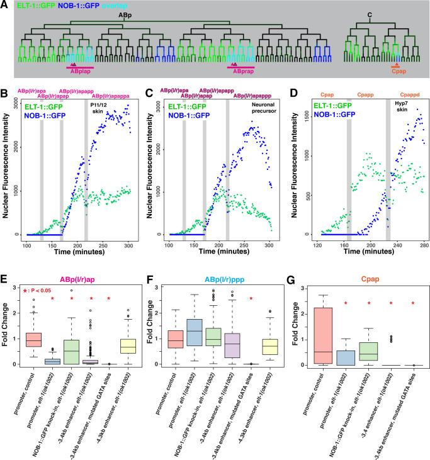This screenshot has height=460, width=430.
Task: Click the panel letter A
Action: pos(5,5)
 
